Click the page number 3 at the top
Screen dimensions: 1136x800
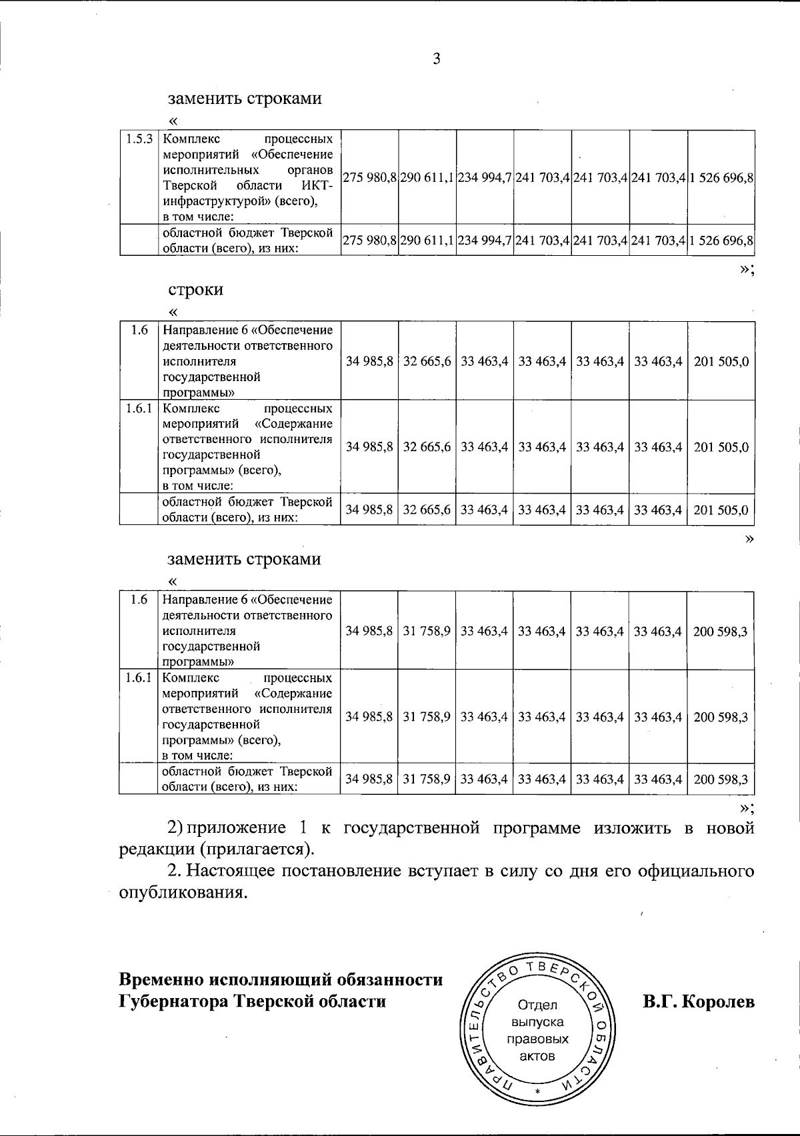[x=436, y=59]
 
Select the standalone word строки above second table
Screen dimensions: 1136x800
[x=195, y=289]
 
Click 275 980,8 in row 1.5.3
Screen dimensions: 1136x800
[x=369, y=178]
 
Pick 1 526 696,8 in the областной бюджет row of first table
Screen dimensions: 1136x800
[x=721, y=240]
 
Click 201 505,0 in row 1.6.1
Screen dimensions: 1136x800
[x=721, y=446]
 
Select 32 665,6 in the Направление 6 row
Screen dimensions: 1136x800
[x=427, y=361]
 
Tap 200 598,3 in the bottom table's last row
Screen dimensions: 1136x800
[x=721, y=778]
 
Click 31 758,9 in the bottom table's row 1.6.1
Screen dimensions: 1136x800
[x=427, y=716]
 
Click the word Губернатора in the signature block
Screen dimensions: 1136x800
[x=173, y=1001]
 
